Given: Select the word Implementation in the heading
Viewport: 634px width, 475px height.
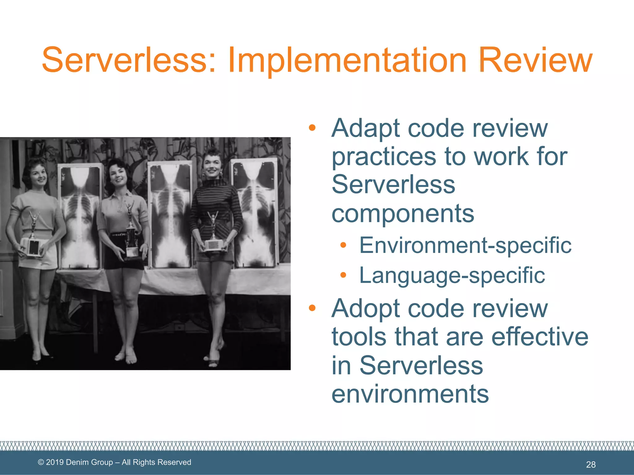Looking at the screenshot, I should [347, 61].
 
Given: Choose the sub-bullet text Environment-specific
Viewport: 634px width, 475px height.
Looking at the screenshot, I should [465, 245].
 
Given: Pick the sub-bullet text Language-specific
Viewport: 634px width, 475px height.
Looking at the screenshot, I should [452, 275].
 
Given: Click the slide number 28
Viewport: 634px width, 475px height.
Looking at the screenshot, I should [591, 464].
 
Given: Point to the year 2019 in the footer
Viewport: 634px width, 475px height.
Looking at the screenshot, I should [55, 462].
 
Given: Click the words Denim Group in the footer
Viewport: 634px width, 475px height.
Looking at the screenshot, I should [89, 462].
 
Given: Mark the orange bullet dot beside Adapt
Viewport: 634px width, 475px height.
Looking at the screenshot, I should [312, 127].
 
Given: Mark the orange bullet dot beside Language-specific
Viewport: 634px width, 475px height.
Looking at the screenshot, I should [343, 275].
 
